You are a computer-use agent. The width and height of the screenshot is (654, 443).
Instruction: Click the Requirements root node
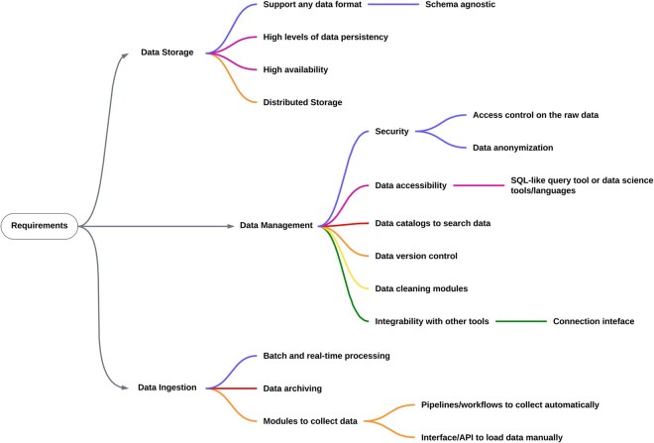pyautogui.click(x=40, y=226)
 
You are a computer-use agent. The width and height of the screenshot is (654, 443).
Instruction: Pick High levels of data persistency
pyautogui.click(x=326, y=37)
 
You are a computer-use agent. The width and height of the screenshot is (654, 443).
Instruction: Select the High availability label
pyautogui.click(x=295, y=68)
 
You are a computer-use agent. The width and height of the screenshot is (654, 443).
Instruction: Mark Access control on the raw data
pyautogui.click(x=535, y=115)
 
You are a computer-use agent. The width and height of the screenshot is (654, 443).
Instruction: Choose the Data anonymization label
pyautogui.click(x=512, y=148)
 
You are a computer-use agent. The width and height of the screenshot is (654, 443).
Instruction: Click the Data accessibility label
pyautogui.click(x=411, y=184)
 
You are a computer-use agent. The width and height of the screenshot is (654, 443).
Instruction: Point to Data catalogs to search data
pyautogui.click(x=433, y=223)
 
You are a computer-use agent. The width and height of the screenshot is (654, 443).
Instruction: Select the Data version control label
pyautogui.click(x=416, y=256)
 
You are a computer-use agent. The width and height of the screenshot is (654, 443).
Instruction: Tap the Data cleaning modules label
pyautogui.click(x=421, y=288)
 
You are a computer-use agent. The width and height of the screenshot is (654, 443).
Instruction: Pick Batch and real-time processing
pyautogui.click(x=326, y=355)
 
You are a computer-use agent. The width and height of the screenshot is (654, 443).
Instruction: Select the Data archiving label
pyautogui.click(x=292, y=388)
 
